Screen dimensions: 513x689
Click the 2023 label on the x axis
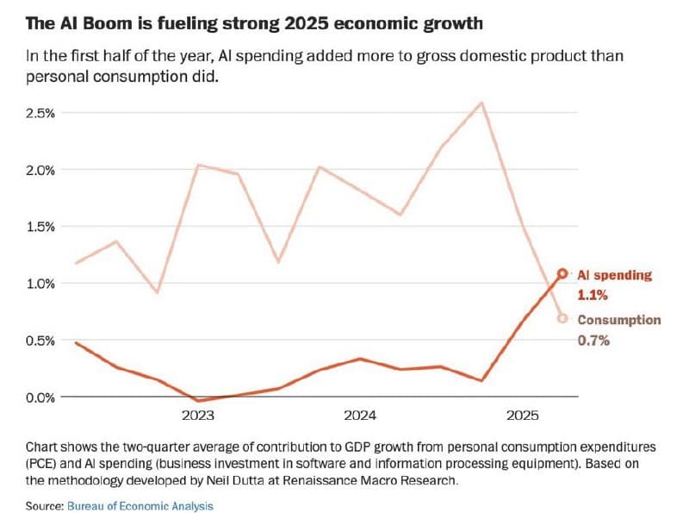coord(198,416)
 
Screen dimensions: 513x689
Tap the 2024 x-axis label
coord(360,416)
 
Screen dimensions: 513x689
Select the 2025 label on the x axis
coord(522,416)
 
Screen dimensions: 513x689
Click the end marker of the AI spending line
coord(562,273)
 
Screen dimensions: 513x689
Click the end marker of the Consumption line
coord(562,318)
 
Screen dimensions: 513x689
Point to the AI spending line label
coord(614,275)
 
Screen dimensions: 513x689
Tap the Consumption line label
coord(618,320)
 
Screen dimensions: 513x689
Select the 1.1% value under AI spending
coord(593,295)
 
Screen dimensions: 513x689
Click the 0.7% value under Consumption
coord(593,340)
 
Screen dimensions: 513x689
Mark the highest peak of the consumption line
coord(481,103)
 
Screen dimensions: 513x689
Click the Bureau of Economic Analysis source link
coord(140,505)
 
